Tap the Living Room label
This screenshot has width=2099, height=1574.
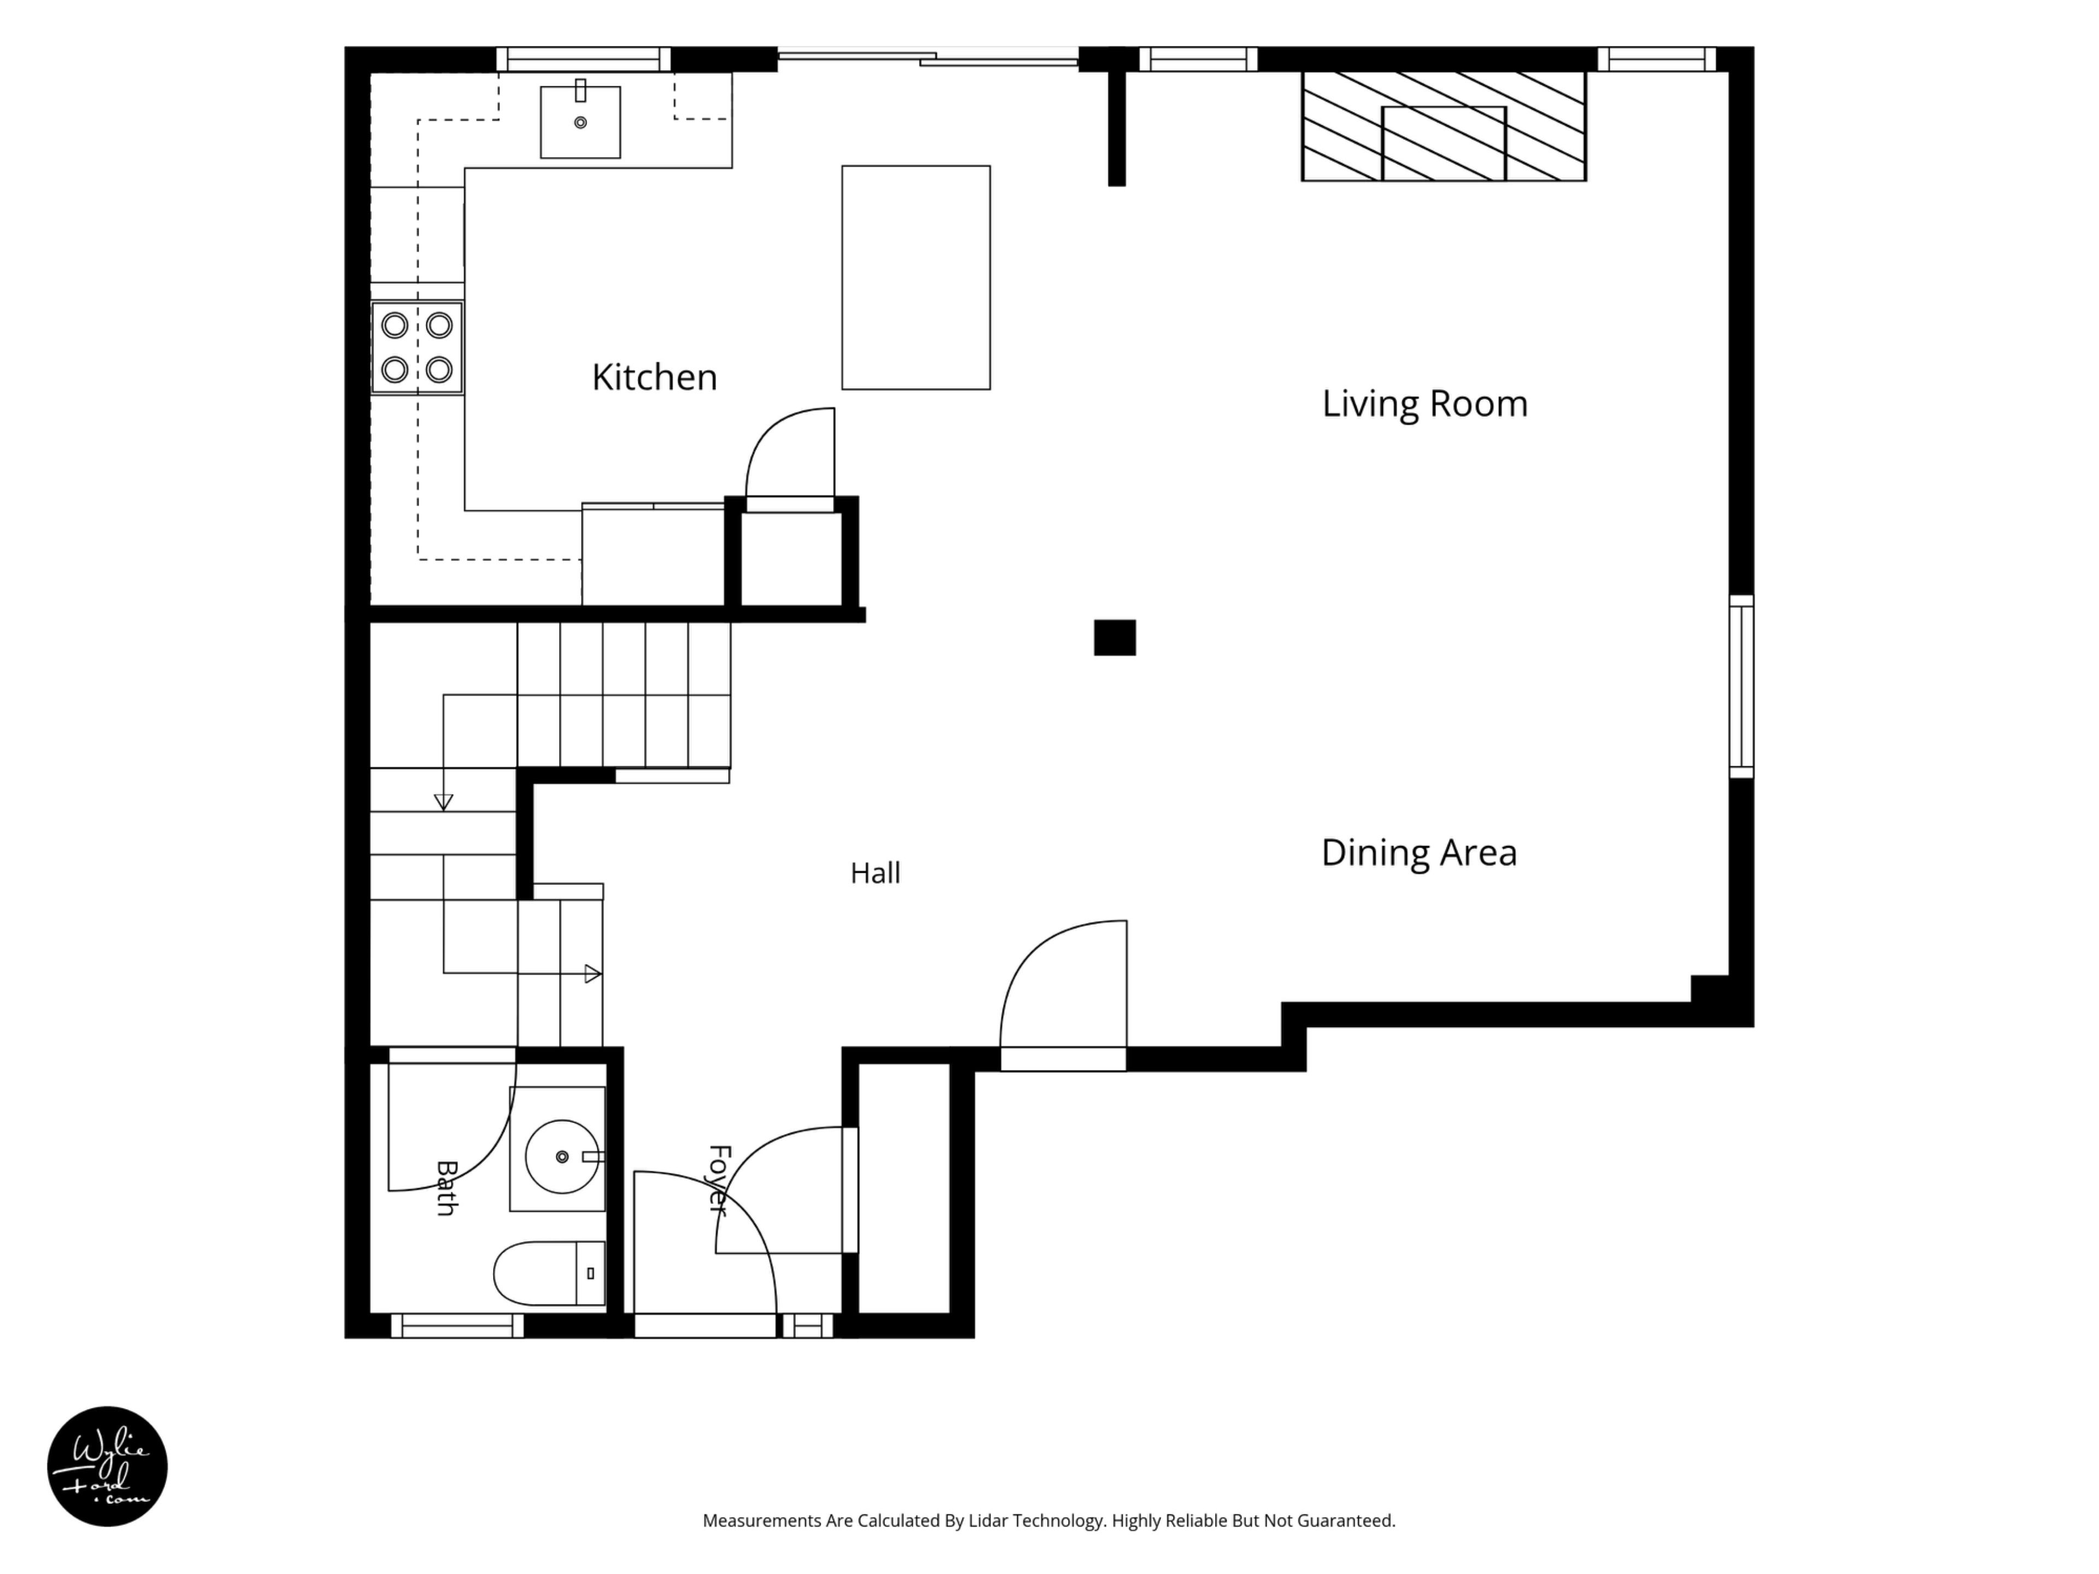pos(1424,403)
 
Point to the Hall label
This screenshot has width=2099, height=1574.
pos(875,873)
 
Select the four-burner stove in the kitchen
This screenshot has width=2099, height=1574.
pos(417,347)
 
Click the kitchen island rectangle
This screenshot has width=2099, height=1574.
pos(916,277)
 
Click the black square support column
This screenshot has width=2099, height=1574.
pos(1115,638)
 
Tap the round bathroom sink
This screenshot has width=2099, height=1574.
pos(562,1156)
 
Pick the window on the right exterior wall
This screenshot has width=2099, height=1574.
pos(1742,686)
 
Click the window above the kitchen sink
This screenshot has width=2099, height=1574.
pos(584,59)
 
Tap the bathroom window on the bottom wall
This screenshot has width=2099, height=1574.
pos(458,1325)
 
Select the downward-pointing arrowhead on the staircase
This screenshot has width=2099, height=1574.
pos(443,803)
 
